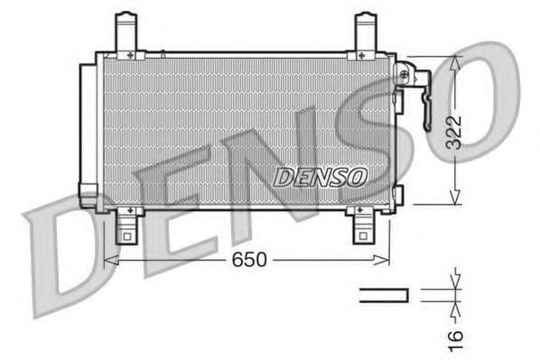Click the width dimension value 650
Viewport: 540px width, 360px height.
point(248,260)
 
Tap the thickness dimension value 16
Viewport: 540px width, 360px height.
point(458,336)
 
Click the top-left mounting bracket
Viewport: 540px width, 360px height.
point(130,33)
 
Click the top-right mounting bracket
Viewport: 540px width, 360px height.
point(365,33)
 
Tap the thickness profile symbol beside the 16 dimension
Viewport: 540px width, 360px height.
point(386,294)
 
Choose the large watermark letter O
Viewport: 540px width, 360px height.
point(470,108)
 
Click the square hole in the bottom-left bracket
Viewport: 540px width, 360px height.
point(127,239)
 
